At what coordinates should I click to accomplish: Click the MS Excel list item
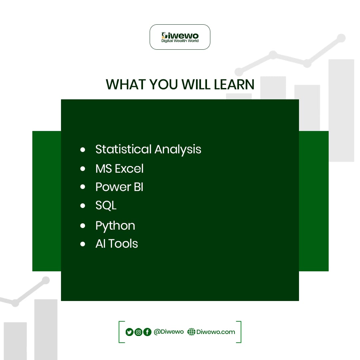[x=119, y=169]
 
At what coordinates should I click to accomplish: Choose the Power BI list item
[x=119, y=187]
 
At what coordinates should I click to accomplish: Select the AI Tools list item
[x=116, y=244]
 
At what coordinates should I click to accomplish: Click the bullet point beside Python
[x=83, y=226]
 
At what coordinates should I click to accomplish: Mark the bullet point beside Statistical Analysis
[x=83, y=150]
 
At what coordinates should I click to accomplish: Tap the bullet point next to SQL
[x=83, y=206]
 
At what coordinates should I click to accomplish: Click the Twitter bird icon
[x=129, y=332]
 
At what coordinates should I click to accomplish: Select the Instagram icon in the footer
[x=138, y=332]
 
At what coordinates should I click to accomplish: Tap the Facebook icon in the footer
[x=147, y=332]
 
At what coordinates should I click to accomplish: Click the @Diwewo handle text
[x=169, y=332]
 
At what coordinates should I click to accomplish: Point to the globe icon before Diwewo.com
[x=191, y=332]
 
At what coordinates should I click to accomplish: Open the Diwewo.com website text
[x=216, y=332]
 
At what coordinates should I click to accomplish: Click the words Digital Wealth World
[x=180, y=41]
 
